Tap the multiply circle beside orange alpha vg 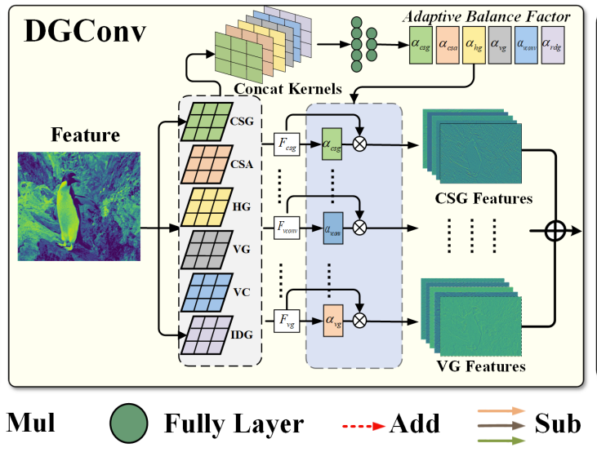pyautogui.click(x=359, y=319)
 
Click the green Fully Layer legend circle pyautogui.click(x=128, y=423)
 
